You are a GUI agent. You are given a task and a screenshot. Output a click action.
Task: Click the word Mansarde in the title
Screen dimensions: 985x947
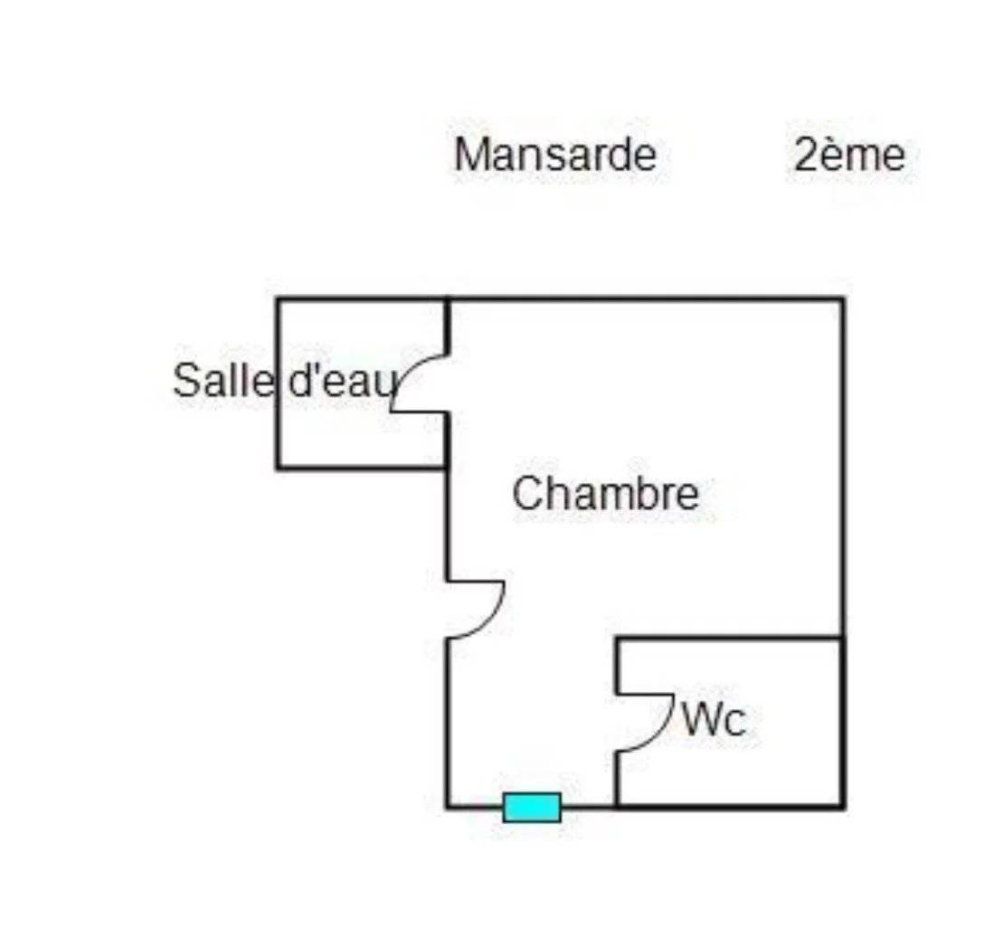click(x=555, y=155)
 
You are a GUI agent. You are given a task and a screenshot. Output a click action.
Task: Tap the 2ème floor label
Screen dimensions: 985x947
click(x=849, y=155)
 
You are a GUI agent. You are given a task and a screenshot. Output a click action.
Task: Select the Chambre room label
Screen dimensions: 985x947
click(x=606, y=494)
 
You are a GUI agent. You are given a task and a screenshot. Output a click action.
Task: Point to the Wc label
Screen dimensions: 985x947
click(x=715, y=720)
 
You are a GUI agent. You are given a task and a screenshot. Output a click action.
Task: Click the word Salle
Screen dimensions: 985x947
click(x=223, y=380)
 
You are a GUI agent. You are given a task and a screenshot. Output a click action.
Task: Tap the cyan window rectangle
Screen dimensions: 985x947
click(x=532, y=807)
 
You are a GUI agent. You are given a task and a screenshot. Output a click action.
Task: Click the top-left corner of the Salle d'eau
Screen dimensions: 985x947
click(x=278, y=298)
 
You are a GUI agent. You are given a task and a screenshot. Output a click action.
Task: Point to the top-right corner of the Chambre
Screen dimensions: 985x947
click(x=843, y=298)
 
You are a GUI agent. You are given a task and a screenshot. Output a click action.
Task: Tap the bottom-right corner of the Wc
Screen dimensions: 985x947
click(x=843, y=806)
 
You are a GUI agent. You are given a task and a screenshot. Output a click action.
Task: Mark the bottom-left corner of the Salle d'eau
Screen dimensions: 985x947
click(x=278, y=468)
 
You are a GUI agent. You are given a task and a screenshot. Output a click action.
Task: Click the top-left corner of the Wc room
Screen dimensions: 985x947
click(x=617, y=639)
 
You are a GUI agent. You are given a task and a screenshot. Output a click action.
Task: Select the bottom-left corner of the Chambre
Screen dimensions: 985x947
click(x=448, y=806)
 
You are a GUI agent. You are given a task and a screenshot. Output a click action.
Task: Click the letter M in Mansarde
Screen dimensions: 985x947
click(x=470, y=155)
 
